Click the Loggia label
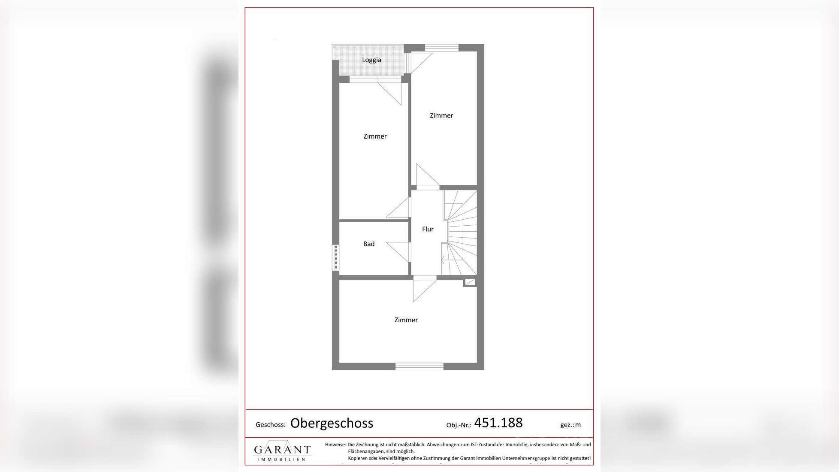371,60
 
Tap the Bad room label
369,244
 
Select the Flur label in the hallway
428,229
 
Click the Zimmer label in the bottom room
406,320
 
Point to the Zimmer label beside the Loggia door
375,136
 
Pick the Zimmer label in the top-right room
441,115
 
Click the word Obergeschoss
332,423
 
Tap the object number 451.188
498,423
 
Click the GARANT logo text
282,450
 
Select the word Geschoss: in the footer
271,425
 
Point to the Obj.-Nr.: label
459,425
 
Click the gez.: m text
570,425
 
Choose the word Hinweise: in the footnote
335,445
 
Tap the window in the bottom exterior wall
419,366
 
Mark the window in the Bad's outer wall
336,257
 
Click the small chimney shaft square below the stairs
470,282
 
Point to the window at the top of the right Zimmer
441,48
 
